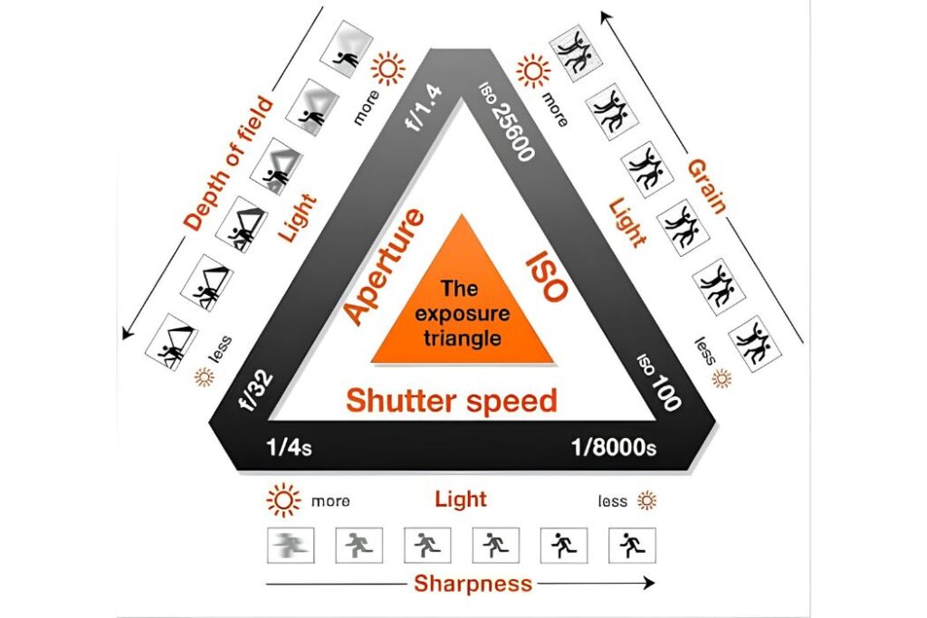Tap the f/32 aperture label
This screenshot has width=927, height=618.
[256, 391]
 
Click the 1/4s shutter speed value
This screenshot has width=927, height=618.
[289, 447]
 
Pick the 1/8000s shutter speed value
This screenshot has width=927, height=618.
[614, 447]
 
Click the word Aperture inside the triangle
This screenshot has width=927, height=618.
[384, 267]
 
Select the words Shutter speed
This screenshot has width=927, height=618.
[452, 401]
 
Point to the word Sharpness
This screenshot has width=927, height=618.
[473, 584]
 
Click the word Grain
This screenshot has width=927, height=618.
[706, 186]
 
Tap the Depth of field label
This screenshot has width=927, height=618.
[229, 163]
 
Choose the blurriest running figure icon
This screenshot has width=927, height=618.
[291, 545]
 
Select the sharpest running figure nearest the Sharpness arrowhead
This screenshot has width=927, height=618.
[632, 545]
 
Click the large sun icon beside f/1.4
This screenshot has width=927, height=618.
[387, 69]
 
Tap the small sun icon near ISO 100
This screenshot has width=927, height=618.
[722, 378]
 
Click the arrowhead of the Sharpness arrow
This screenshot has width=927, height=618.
[649, 583]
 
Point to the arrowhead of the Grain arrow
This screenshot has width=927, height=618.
[606, 16]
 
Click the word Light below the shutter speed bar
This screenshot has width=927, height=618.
[461, 499]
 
